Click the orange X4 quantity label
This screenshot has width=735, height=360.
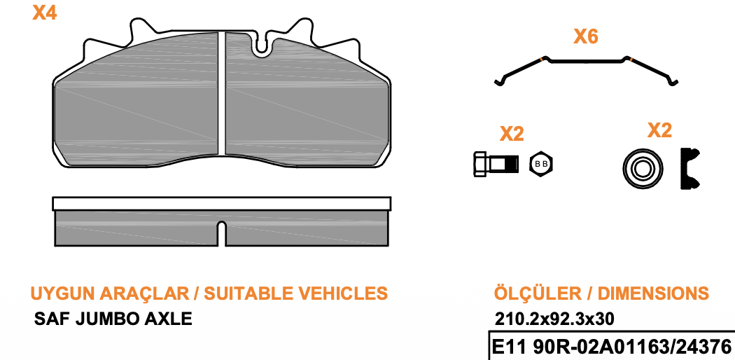coord(45,13)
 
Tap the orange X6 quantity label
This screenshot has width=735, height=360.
coord(586,36)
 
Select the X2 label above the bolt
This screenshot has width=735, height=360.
coord(512,134)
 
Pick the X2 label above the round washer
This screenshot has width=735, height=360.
coord(659,130)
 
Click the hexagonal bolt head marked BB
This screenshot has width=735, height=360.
coord(541,164)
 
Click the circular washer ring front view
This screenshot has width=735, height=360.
coord(643,169)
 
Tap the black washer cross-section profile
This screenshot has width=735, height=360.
coord(689,168)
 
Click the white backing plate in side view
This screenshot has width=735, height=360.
coord(222,203)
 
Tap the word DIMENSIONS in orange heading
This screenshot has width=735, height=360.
coord(653,293)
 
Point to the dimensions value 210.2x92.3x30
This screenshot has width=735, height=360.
coord(554,319)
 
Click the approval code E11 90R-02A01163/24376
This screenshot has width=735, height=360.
coord(611,347)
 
